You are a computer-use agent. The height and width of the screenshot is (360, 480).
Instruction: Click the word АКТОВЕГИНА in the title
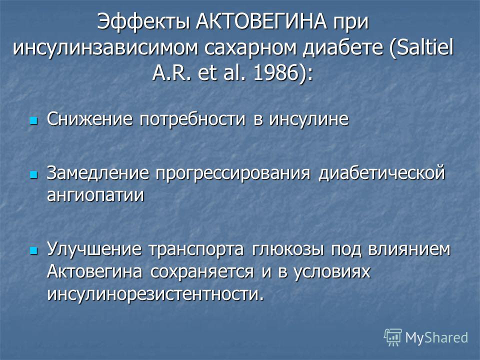[x=261, y=21]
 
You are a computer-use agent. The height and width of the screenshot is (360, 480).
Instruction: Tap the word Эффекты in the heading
[x=144, y=22]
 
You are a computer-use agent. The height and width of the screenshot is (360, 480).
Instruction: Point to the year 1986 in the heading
[x=275, y=73]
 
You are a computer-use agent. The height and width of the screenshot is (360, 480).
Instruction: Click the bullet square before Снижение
[x=33, y=120]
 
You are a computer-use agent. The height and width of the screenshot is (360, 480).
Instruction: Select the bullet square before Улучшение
[x=33, y=251]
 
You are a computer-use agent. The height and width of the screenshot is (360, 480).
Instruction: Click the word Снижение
[x=89, y=119]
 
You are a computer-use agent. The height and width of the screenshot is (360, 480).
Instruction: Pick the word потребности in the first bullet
[x=192, y=119]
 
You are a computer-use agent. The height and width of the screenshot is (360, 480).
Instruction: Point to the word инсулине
[x=309, y=119]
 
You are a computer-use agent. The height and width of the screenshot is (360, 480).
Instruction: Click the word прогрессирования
[x=232, y=173]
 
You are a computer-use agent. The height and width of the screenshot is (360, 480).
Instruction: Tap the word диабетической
[x=381, y=173]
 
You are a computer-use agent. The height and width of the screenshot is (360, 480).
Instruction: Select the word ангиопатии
[x=95, y=195]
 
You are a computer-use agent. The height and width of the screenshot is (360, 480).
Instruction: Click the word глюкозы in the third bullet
[x=288, y=249]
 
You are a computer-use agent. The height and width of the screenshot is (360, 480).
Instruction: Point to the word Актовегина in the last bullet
[x=94, y=271]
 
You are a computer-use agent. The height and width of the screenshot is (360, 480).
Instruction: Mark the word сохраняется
[x=202, y=272]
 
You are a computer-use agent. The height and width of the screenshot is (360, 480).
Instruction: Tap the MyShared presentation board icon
[x=393, y=337]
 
